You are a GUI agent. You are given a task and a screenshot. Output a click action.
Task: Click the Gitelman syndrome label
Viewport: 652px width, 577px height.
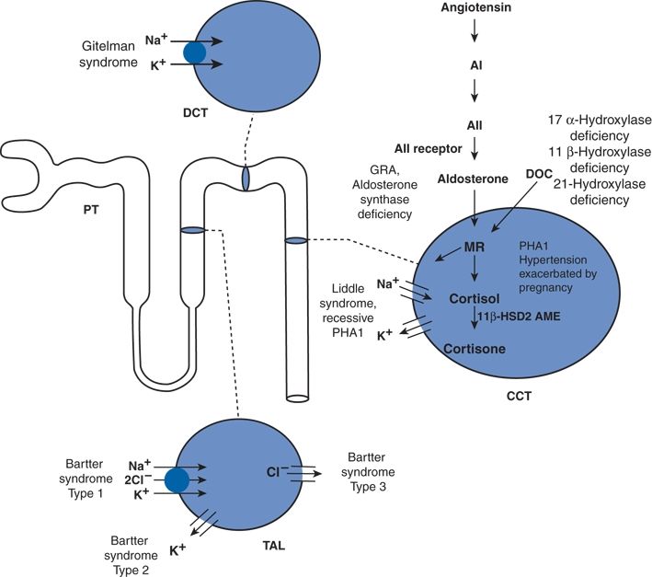[102, 52]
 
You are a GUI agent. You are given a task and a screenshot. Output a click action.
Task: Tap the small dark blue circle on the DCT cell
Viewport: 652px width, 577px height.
[195, 52]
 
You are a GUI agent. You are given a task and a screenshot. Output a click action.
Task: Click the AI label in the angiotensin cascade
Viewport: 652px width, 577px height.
[475, 65]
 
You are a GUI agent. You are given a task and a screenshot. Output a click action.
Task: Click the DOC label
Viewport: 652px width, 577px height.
[539, 172]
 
